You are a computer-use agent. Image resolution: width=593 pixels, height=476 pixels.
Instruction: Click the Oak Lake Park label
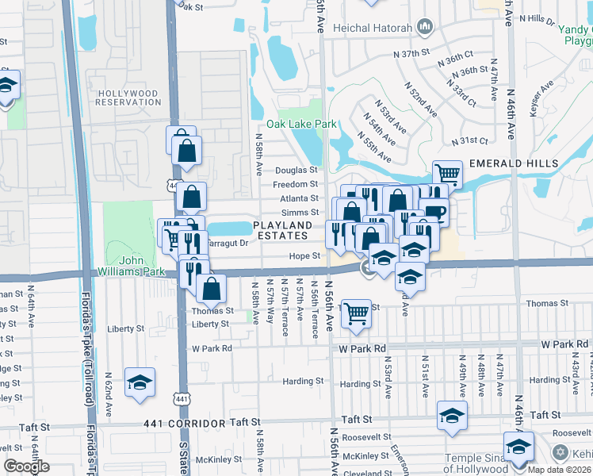[301, 124]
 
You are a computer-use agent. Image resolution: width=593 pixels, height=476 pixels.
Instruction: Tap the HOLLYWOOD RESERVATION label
[128, 98]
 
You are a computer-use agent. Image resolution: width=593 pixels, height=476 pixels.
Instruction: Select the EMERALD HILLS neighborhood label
[514, 163]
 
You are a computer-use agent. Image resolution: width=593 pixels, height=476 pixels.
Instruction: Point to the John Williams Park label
[142, 267]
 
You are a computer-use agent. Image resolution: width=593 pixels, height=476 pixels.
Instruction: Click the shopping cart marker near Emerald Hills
[448, 172]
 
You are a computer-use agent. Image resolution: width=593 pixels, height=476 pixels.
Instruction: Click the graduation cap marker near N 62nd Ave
[139, 382]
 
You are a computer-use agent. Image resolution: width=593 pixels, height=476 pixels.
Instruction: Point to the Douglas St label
[296, 170]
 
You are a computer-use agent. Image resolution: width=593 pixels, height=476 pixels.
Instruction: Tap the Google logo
[27, 466]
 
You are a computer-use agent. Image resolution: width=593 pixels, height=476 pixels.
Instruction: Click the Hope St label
[304, 256]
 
